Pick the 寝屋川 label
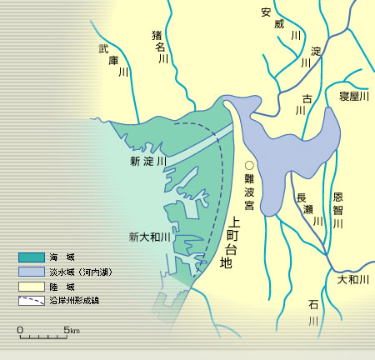[x=354, y=96]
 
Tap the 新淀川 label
[x=148, y=160]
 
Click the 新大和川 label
[x=149, y=237]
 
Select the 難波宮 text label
[x=248, y=193]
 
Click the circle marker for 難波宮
[x=248, y=165]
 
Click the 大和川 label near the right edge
[x=353, y=280]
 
